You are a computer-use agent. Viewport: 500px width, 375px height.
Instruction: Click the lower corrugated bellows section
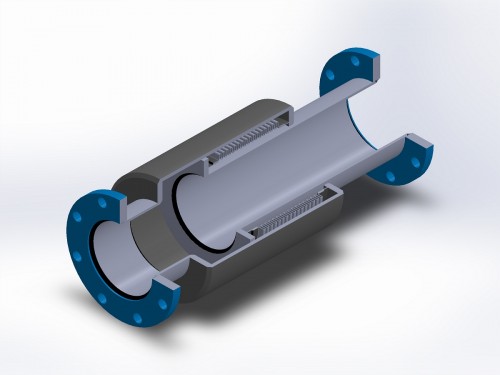[290, 221]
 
